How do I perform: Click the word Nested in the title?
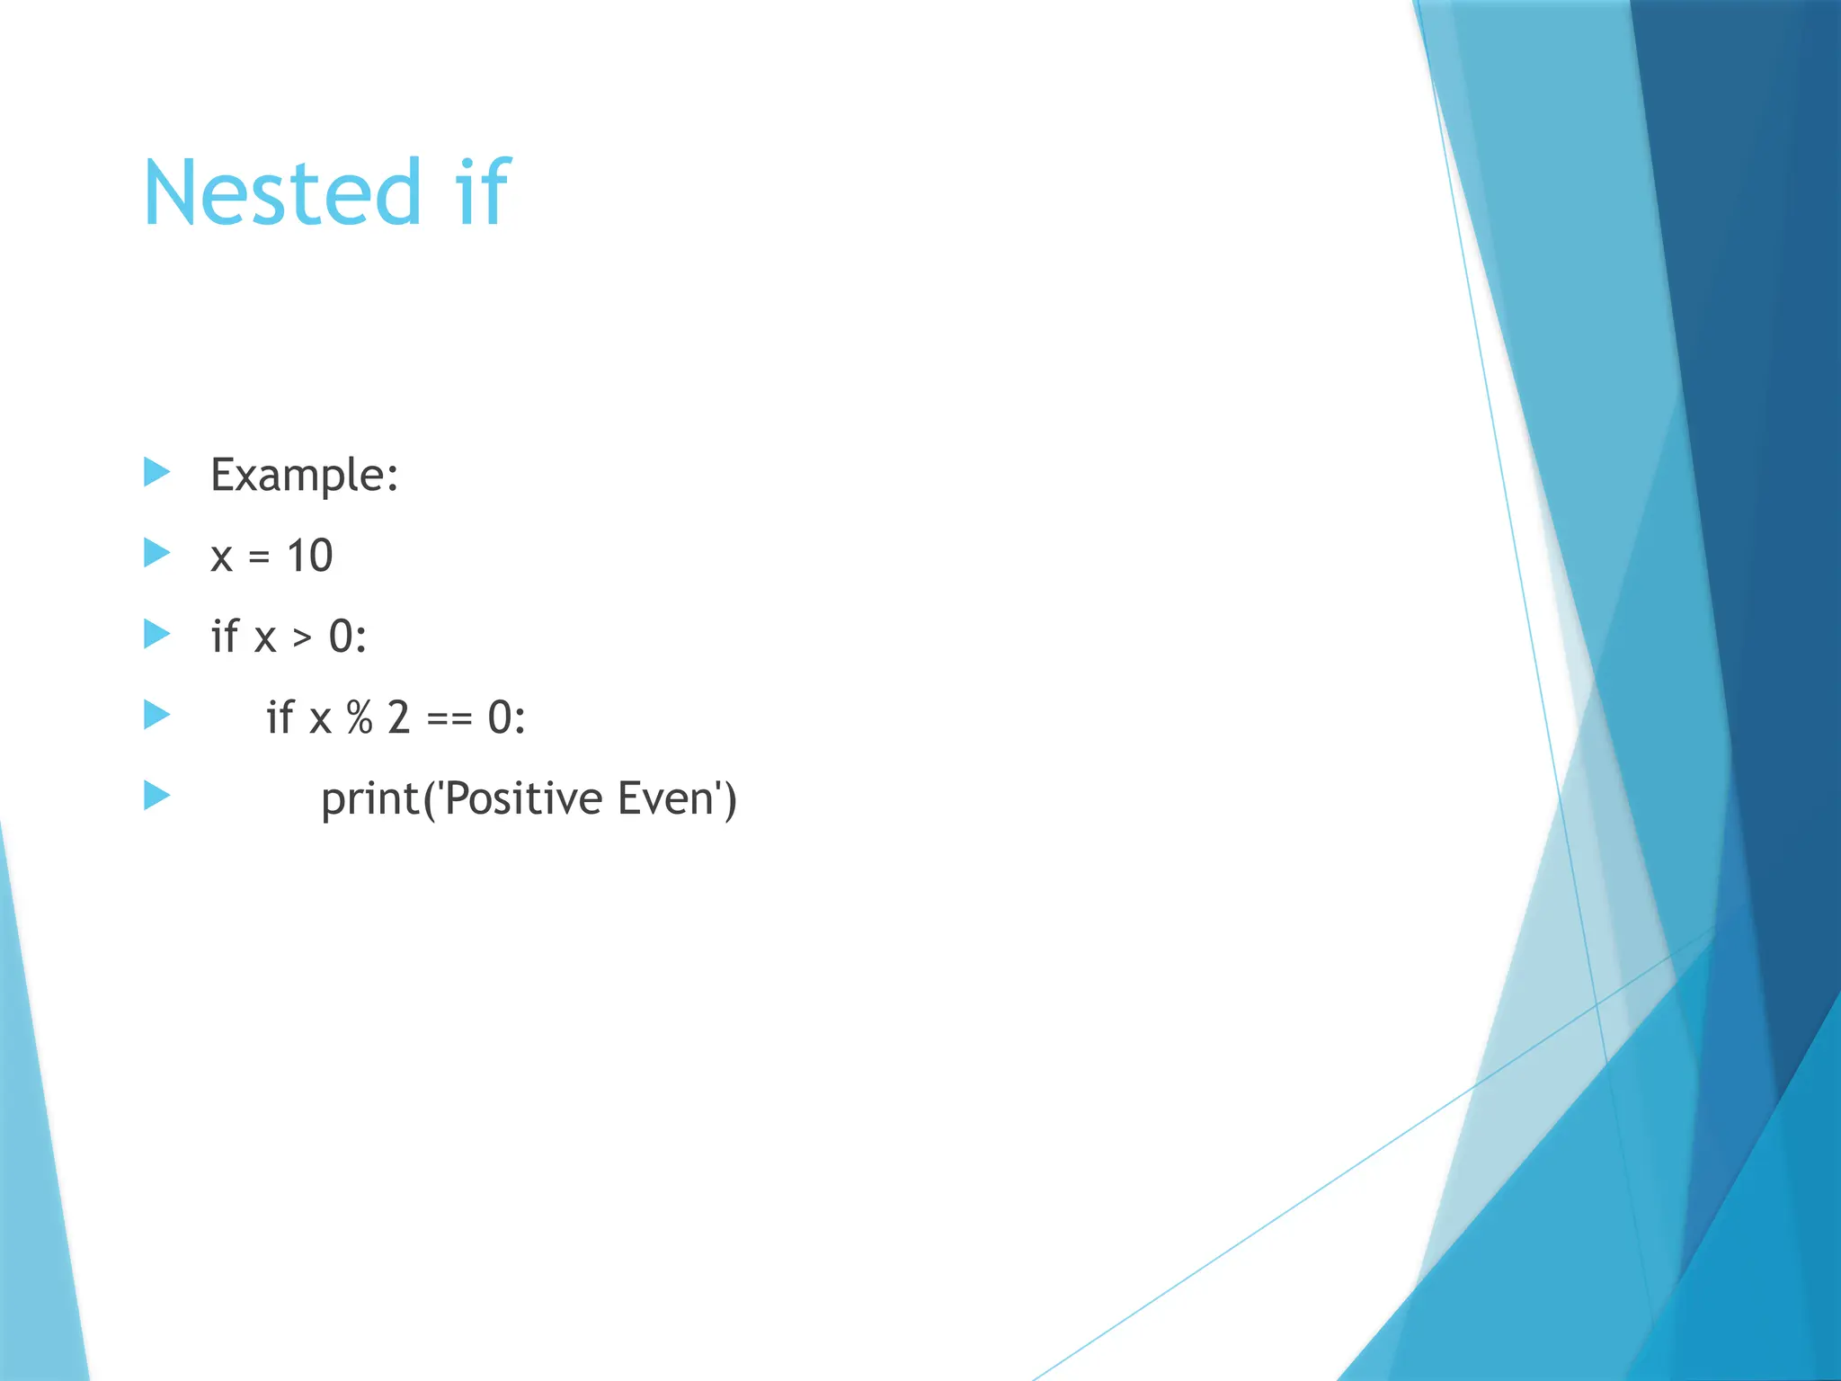click(281, 192)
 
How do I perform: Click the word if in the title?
click(483, 192)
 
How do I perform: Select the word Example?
click(304, 475)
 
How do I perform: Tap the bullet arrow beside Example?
click(156, 472)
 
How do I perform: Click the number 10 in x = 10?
click(309, 556)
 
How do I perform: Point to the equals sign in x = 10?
click(259, 557)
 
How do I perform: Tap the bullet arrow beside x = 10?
click(156, 553)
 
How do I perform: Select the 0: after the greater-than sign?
click(348, 637)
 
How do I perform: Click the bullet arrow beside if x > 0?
click(156, 634)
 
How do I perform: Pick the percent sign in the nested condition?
click(360, 717)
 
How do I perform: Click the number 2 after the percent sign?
click(399, 717)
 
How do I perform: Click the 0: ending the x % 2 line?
click(506, 717)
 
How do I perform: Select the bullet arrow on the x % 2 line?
click(156, 715)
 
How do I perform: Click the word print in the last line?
click(369, 800)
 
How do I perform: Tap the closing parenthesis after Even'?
click(730, 799)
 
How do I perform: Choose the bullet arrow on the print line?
click(156, 795)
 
